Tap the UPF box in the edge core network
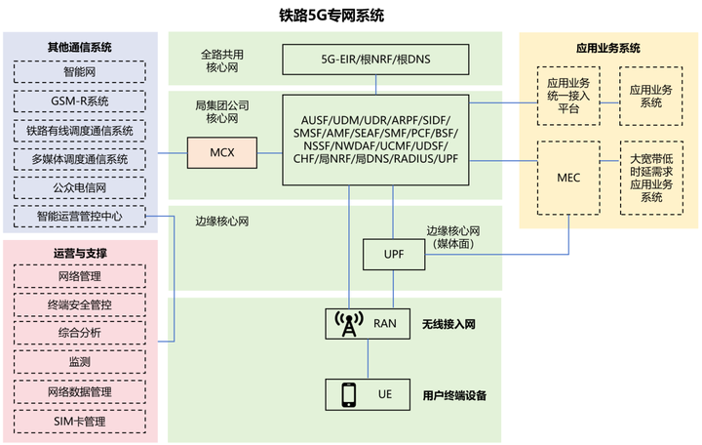click(394, 256)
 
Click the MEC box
click(568, 179)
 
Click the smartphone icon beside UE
click(347, 394)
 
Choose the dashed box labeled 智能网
click(81, 71)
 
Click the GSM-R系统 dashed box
click(81, 101)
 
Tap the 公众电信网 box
click(81, 187)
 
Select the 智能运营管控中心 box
click(81, 216)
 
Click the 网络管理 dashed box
click(81, 276)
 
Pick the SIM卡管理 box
click(81, 422)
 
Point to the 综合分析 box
click(81, 334)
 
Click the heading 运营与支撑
click(80, 253)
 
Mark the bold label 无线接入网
click(448, 324)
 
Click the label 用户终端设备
click(453, 395)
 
